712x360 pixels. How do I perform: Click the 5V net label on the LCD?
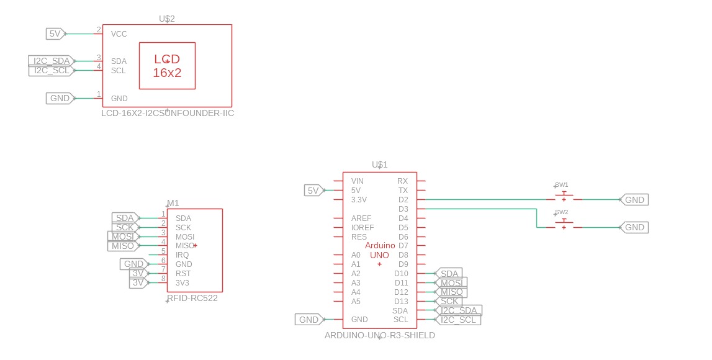pyautogui.click(x=55, y=34)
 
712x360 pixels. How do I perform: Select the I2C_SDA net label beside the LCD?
pyautogui.click(x=51, y=61)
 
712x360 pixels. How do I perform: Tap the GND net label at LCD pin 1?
pyautogui.click(x=60, y=98)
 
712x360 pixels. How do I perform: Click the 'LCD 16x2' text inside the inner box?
pyautogui.click(x=167, y=66)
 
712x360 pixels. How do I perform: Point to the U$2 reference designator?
pyautogui.click(x=167, y=19)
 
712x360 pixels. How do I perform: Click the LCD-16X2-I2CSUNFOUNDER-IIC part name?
pyautogui.click(x=168, y=114)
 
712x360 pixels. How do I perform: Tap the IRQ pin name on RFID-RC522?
pyautogui.click(x=182, y=255)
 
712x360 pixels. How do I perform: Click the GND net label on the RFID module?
pyautogui.click(x=133, y=264)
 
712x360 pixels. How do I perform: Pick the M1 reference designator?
pyautogui.click(x=173, y=204)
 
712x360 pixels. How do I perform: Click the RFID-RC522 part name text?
pyautogui.click(x=192, y=298)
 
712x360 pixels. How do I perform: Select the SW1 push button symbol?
pyautogui.click(x=563, y=197)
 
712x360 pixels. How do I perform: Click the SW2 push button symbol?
pyautogui.click(x=563, y=225)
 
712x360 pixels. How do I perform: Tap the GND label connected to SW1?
pyautogui.click(x=634, y=200)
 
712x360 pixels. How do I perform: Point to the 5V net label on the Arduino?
pyautogui.click(x=313, y=191)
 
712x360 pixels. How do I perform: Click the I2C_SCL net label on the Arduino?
pyautogui.click(x=460, y=320)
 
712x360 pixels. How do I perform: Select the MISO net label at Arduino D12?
pyautogui.click(x=452, y=292)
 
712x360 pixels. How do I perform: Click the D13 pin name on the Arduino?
pyautogui.click(x=401, y=302)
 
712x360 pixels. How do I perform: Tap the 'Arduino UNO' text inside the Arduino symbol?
pyautogui.click(x=380, y=250)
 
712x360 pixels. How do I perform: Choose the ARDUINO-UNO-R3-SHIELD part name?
pyautogui.click(x=380, y=335)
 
